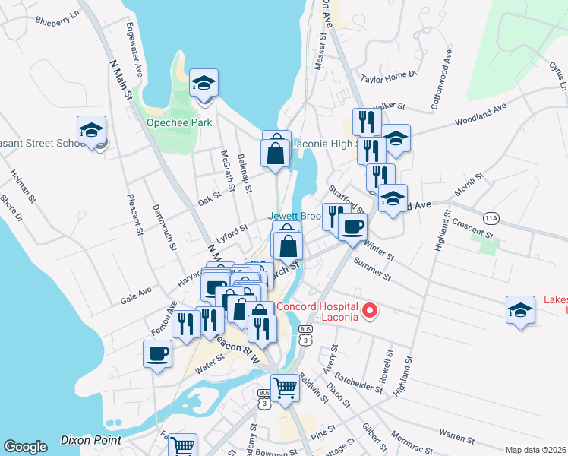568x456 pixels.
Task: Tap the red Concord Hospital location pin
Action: pyautogui.click(x=371, y=310)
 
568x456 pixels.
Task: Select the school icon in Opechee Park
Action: pyautogui.click(x=204, y=83)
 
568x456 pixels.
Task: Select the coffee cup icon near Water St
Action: pyautogui.click(x=157, y=353)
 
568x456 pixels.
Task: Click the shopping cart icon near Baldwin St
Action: pyautogui.click(x=285, y=388)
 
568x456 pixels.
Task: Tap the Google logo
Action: pyautogui.click(x=25, y=447)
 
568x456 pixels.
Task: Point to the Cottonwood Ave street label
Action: pyautogui.click(x=442, y=81)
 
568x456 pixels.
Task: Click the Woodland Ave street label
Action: pyautogui.click(x=481, y=115)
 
